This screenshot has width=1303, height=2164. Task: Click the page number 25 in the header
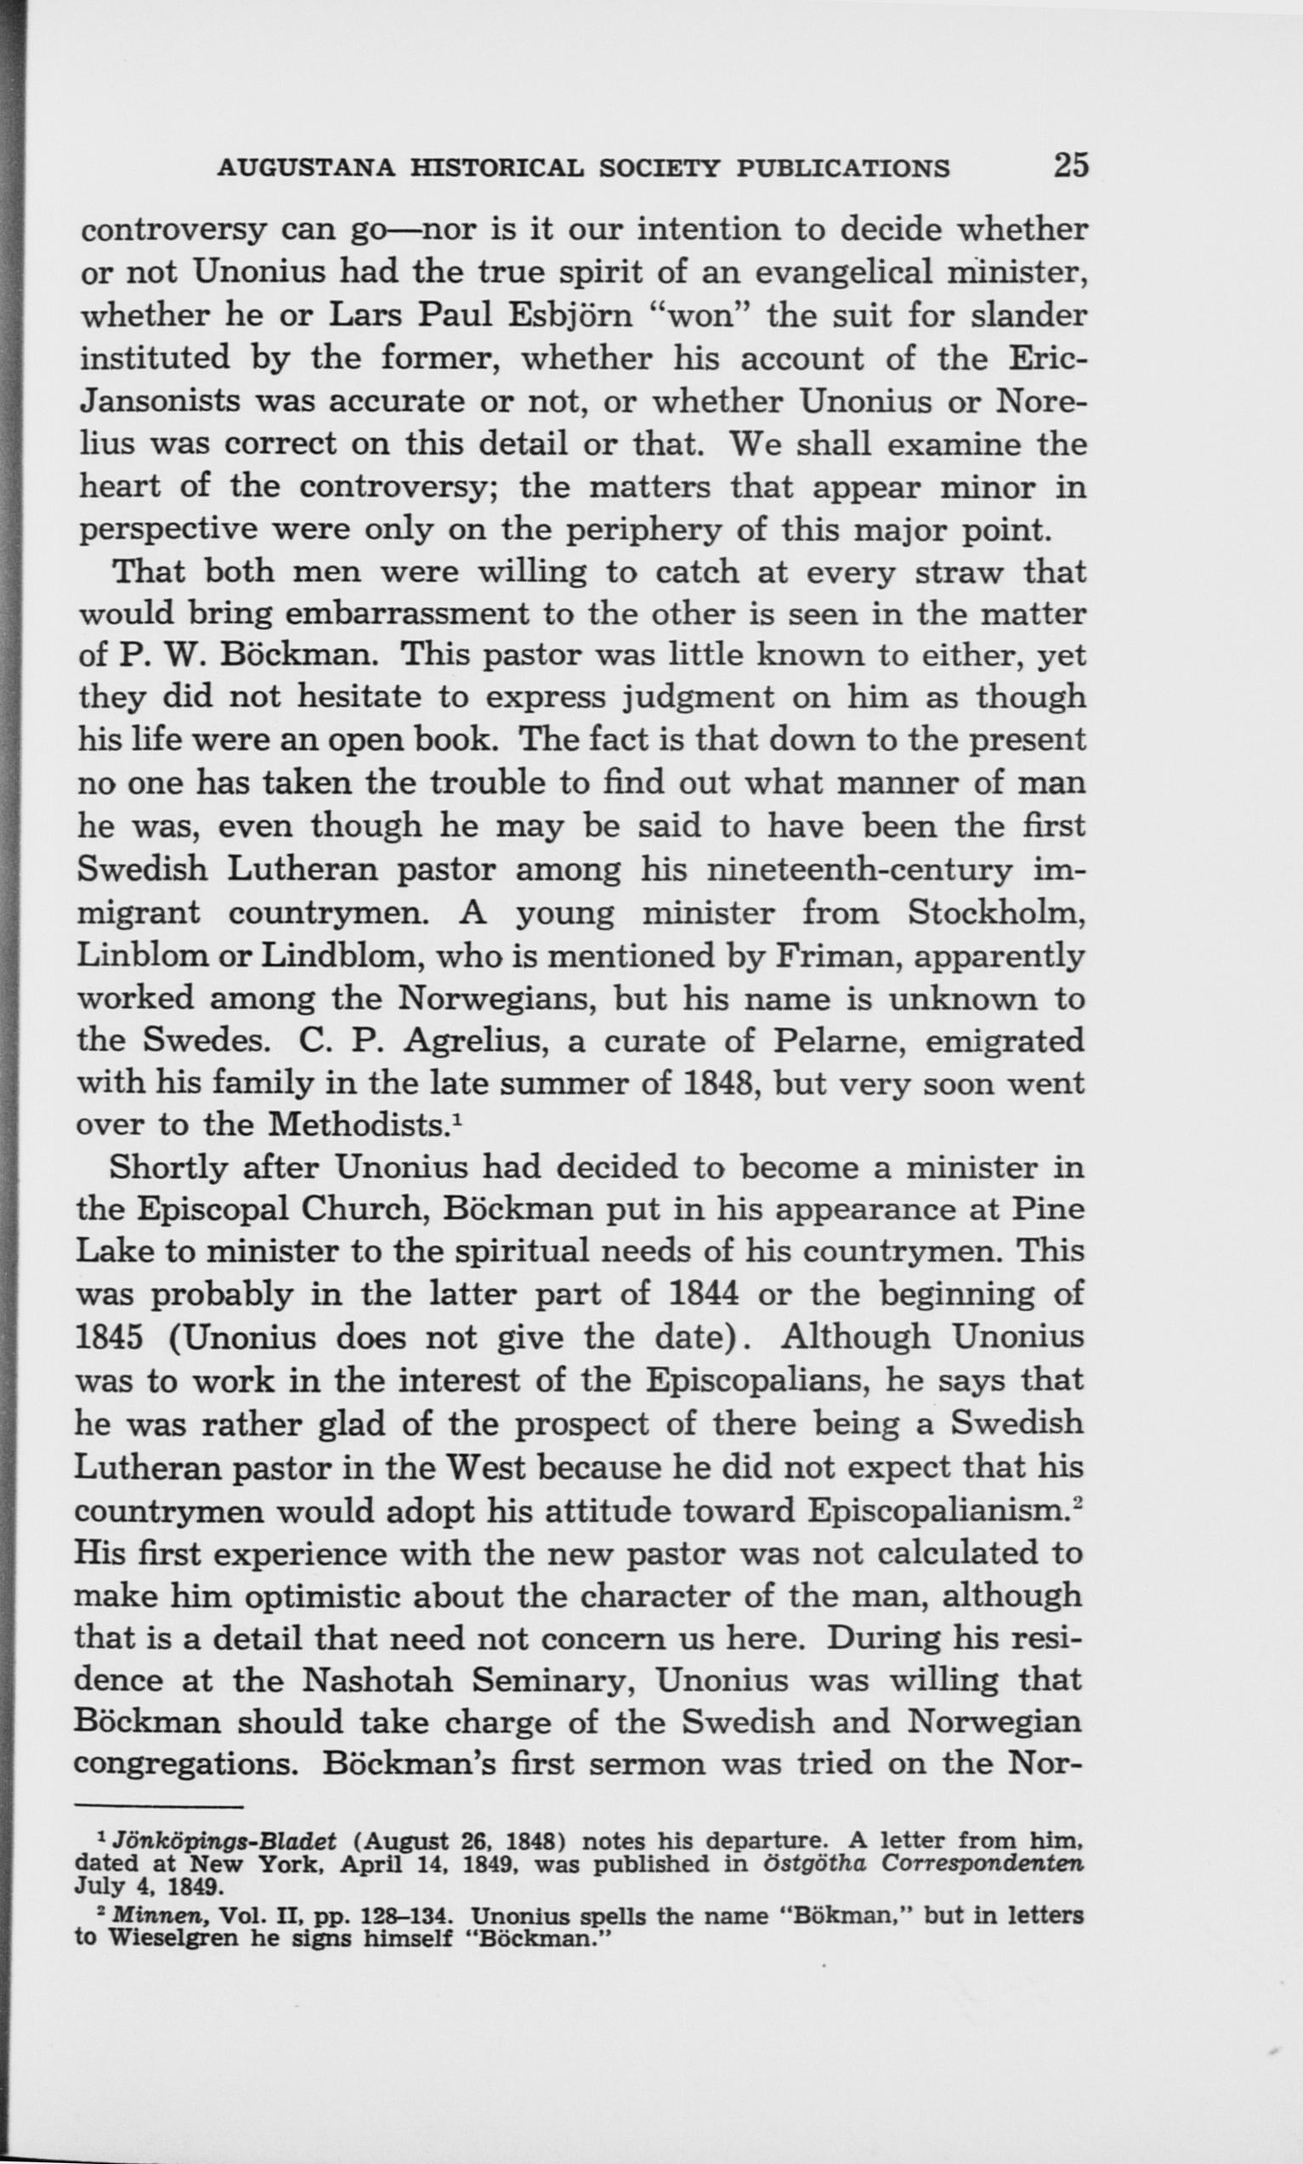(1070, 164)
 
